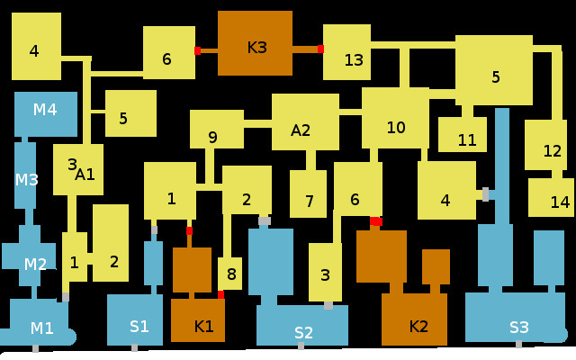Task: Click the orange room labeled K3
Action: (256, 48)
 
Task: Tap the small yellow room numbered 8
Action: (230, 274)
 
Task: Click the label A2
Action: (301, 130)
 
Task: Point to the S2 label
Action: (304, 333)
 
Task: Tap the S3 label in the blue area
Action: (519, 327)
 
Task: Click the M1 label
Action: (41, 328)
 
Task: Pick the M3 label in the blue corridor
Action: (27, 179)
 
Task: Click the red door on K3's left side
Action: (197, 51)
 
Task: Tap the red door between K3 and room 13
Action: (320, 49)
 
